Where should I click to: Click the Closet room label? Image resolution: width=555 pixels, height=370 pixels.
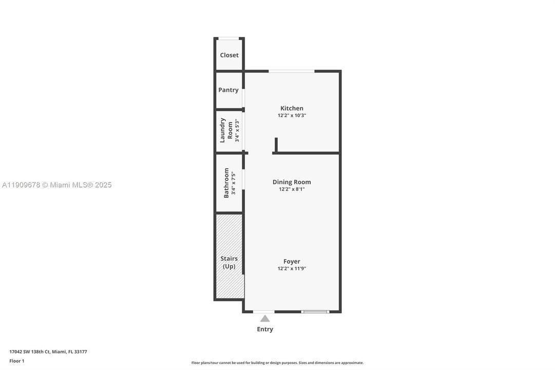(229, 55)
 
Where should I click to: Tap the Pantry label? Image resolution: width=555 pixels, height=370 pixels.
(228, 90)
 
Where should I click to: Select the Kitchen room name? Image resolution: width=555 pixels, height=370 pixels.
(292, 108)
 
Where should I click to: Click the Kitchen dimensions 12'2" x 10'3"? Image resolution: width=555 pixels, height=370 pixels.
(292, 116)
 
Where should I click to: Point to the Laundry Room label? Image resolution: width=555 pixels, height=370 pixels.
(226, 131)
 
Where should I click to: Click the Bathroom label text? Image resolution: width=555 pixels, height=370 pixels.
(226, 182)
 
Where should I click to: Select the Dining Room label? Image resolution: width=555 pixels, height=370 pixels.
(292, 182)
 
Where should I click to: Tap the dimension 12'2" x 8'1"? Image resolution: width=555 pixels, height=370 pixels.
(292, 189)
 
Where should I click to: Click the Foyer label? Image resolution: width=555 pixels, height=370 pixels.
(292, 261)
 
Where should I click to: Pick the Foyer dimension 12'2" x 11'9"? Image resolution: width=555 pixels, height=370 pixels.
(292, 269)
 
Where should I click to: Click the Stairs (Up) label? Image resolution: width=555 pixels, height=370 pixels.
(229, 262)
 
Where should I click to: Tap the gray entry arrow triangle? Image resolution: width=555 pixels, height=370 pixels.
(265, 319)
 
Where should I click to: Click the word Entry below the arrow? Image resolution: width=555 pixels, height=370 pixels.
(265, 329)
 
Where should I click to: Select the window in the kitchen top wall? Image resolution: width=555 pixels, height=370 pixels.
(292, 71)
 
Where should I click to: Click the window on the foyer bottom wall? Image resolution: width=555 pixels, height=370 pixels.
(315, 311)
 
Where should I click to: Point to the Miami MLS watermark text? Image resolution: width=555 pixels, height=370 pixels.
(56, 185)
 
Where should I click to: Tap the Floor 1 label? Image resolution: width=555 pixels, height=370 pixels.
(16, 361)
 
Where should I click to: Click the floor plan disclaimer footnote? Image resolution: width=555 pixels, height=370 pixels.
(277, 363)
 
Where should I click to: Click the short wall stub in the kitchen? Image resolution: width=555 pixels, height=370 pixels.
(276, 144)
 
